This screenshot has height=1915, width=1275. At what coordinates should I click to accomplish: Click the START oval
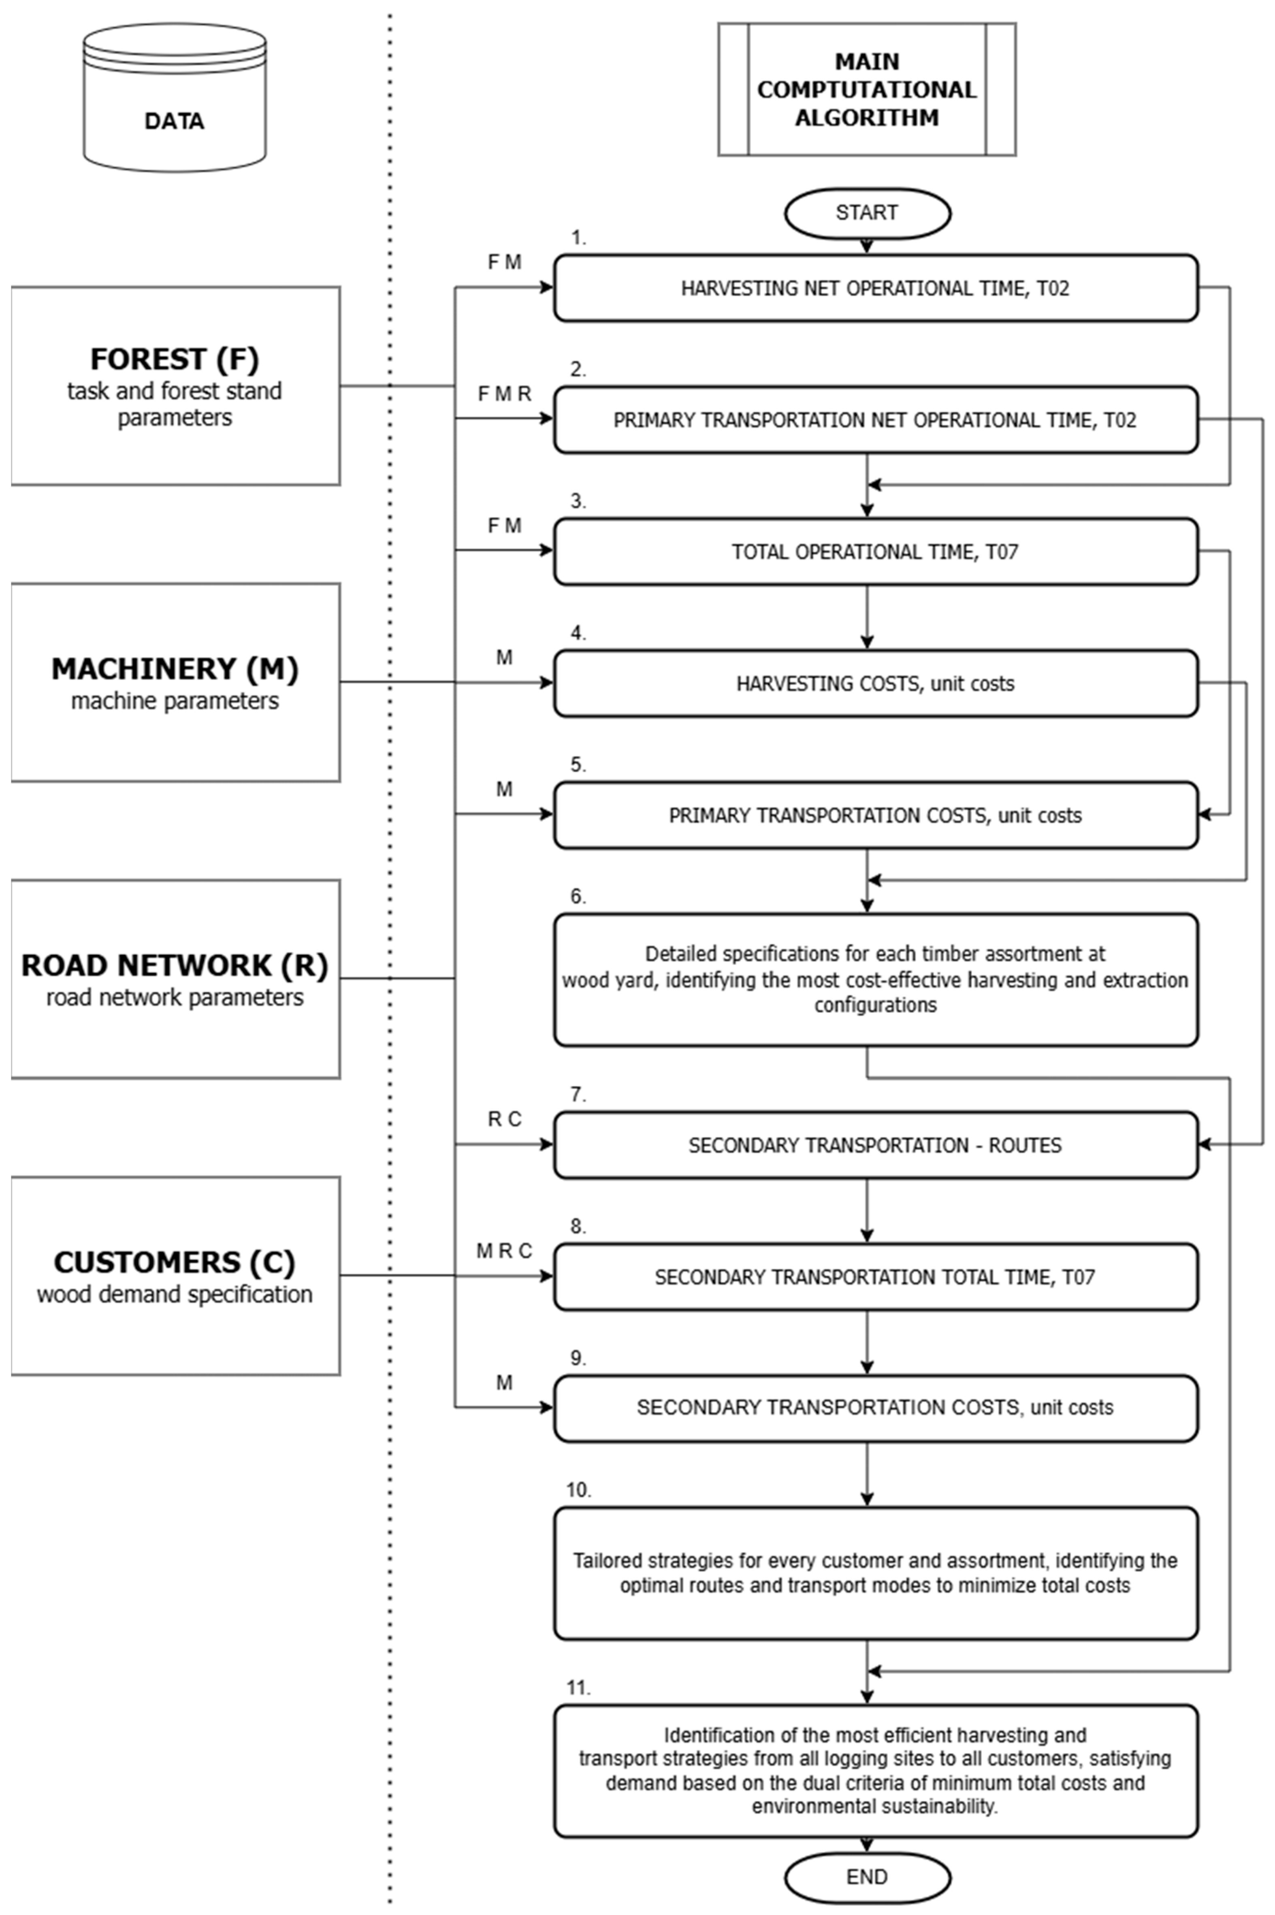pyautogui.click(x=867, y=213)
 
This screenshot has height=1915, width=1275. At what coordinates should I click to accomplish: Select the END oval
pyautogui.click(x=867, y=1877)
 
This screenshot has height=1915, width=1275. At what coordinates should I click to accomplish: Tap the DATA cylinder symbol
pyautogui.click(x=175, y=98)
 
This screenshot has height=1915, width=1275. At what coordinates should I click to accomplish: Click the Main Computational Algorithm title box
pyautogui.click(x=867, y=89)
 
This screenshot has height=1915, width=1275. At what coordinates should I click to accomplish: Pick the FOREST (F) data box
pyautogui.click(x=176, y=386)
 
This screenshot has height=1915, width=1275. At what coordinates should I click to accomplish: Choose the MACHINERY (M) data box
pyautogui.click(x=176, y=683)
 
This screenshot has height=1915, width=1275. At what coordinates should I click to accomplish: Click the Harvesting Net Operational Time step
pyautogui.click(x=876, y=288)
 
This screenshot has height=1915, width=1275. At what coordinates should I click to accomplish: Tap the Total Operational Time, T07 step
pyautogui.click(x=876, y=552)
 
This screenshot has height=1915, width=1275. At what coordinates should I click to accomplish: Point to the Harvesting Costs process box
pyautogui.click(x=876, y=683)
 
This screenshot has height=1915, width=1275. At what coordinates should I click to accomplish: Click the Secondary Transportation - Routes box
pyautogui.click(x=876, y=1145)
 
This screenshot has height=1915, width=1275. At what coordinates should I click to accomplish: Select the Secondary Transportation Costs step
pyautogui.click(x=876, y=1408)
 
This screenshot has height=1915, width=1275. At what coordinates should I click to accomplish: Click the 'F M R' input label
pyautogui.click(x=504, y=394)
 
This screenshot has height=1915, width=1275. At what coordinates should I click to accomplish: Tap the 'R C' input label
pyautogui.click(x=504, y=1119)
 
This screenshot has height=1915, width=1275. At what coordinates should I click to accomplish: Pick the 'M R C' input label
pyautogui.click(x=504, y=1251)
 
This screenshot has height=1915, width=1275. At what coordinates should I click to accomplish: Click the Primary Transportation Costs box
pyautogui.click(x=876, y=815)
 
